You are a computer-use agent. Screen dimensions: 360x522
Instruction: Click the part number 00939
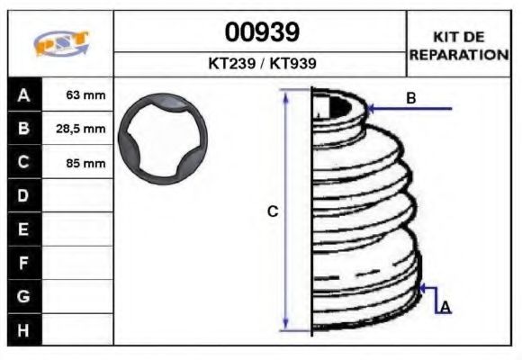261,33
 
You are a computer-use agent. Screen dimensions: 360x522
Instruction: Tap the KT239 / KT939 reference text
261,65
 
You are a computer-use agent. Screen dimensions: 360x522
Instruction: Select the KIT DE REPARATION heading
459,46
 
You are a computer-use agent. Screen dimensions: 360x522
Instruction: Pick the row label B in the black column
23,129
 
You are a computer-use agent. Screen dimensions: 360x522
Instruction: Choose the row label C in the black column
23,163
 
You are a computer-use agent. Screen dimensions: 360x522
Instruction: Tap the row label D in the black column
23,196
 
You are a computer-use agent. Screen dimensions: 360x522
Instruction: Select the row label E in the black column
23,229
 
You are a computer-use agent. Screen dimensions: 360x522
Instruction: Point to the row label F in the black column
23,263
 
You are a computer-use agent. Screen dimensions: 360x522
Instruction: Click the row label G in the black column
23,296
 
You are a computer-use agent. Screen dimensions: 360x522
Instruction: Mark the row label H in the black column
23,329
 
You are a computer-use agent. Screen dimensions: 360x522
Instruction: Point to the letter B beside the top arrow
410,98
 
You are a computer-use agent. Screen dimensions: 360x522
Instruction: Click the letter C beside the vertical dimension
273,211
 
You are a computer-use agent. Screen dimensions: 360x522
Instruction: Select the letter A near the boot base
445,308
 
